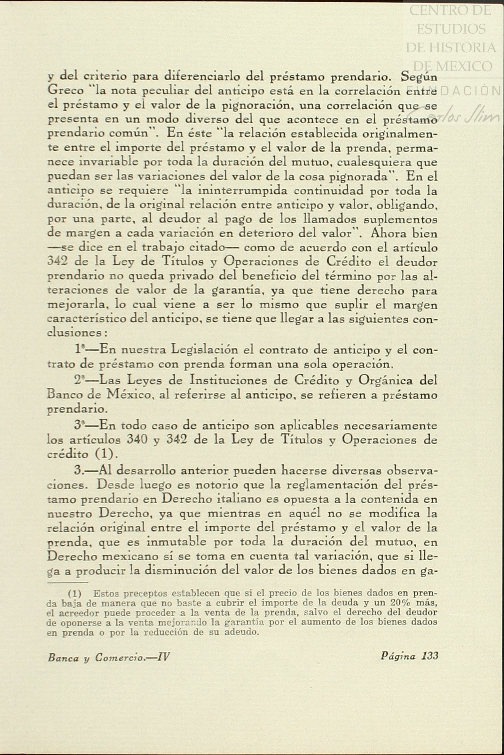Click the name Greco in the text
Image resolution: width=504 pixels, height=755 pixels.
point(64,91)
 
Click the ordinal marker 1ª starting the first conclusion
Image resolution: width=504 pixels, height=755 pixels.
point(80,349)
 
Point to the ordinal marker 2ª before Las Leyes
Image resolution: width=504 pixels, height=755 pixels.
point(80,380)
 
